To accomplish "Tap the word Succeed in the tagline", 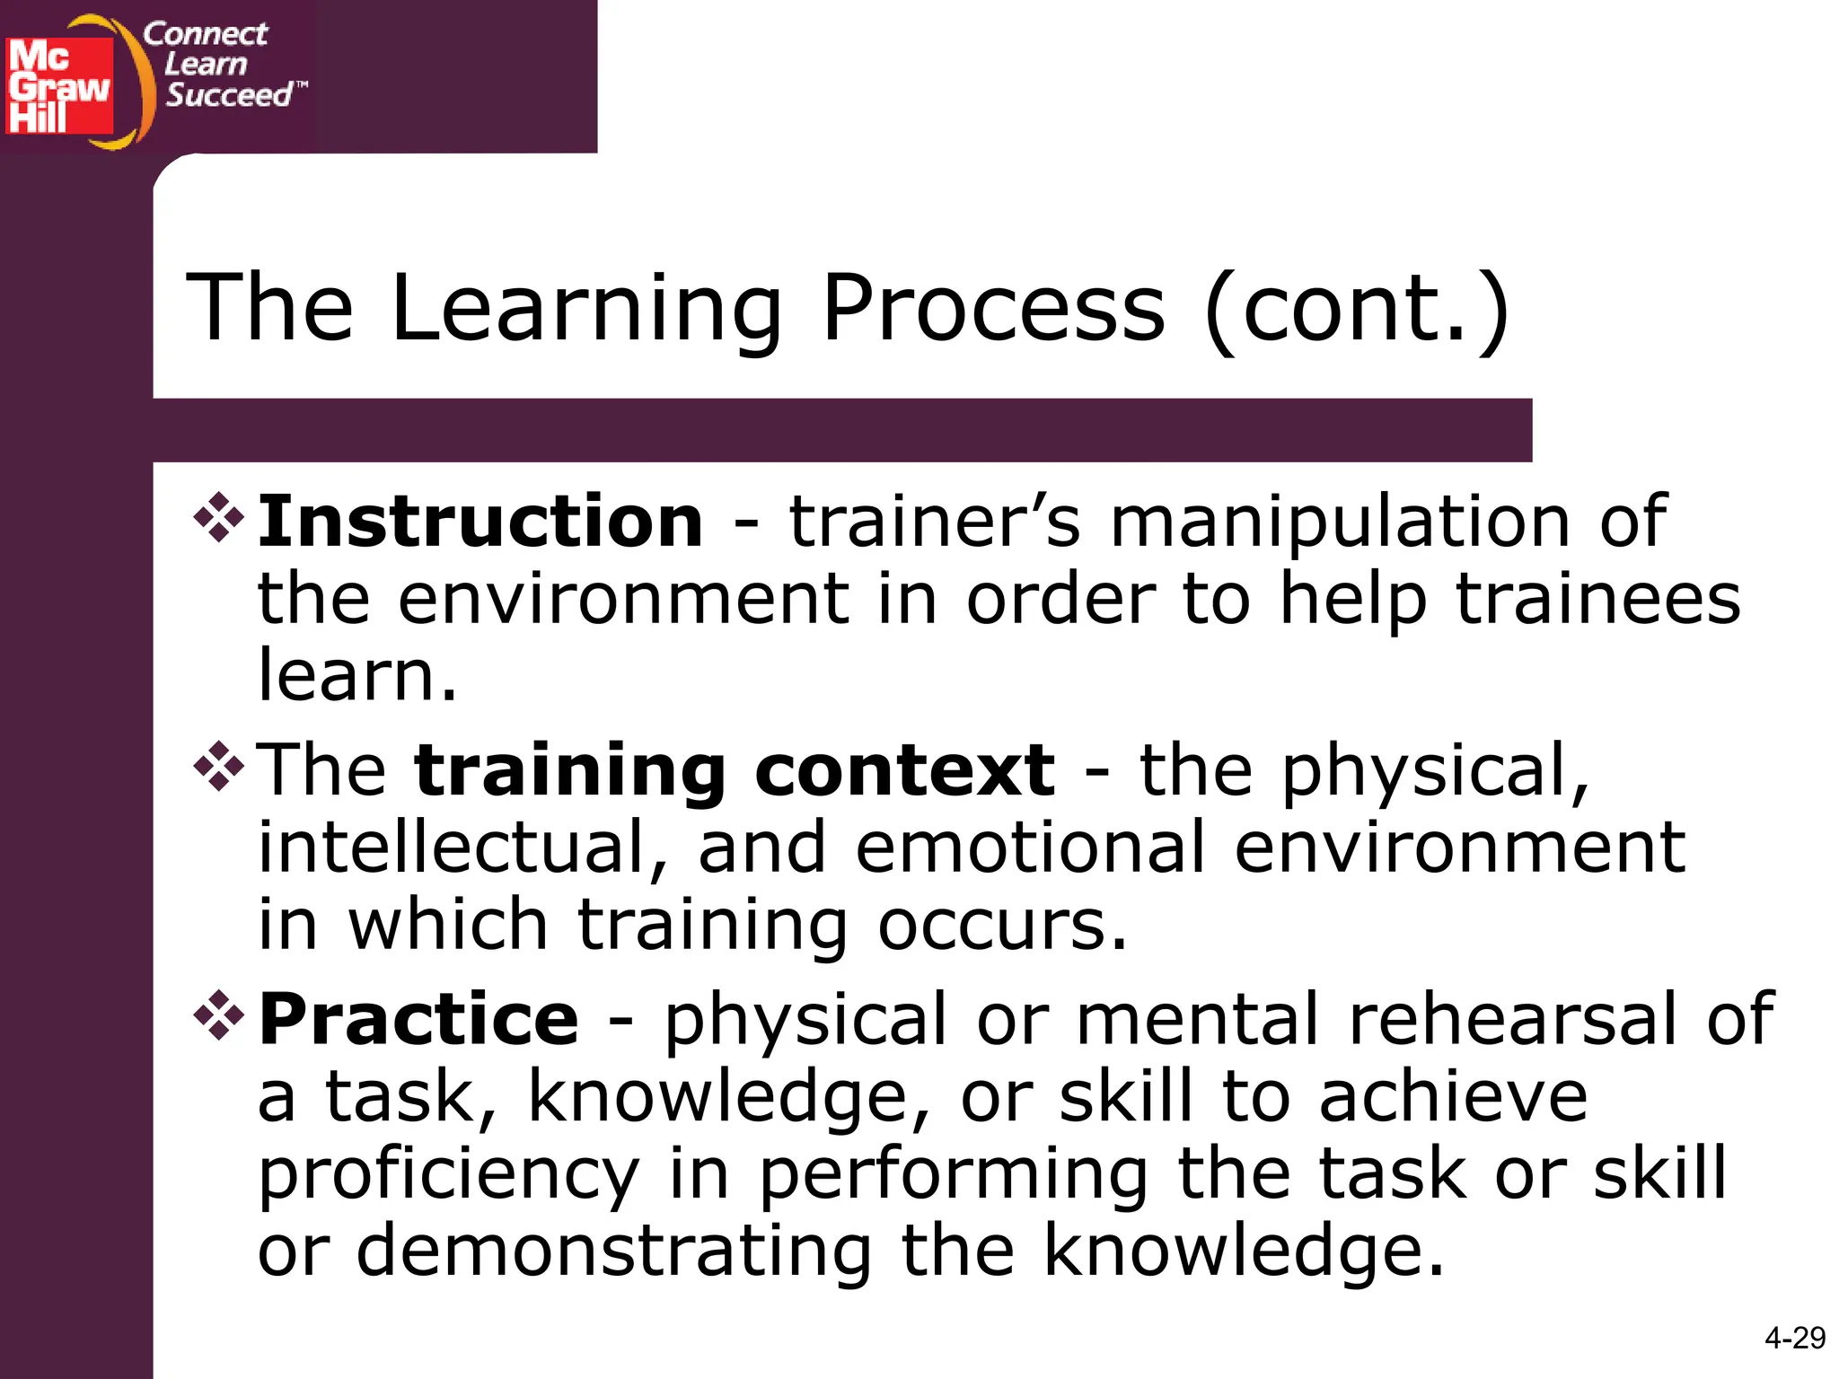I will click(x=230, y=95).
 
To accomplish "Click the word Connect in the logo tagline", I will click(x=205, y=34).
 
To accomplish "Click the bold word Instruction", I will click(x=480, y=522).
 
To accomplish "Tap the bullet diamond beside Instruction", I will click(x=218, y=518).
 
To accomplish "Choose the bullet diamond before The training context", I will click(x=218, y=766).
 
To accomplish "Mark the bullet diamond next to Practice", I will click(x=218, y=1014).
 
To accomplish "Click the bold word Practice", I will click(x=418, y=1019).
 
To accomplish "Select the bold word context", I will click(x=904, y=770).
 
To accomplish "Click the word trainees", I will click(x=1597, y=599).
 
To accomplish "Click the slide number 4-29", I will click(x=1794, y=1339).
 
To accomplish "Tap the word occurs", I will click(x=1001, y=925).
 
